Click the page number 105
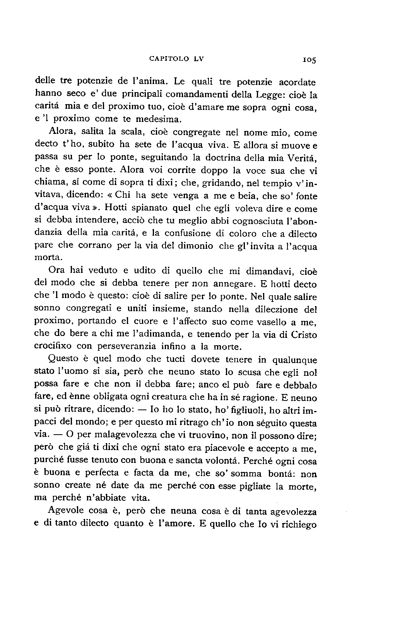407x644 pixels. pos(310,60)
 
